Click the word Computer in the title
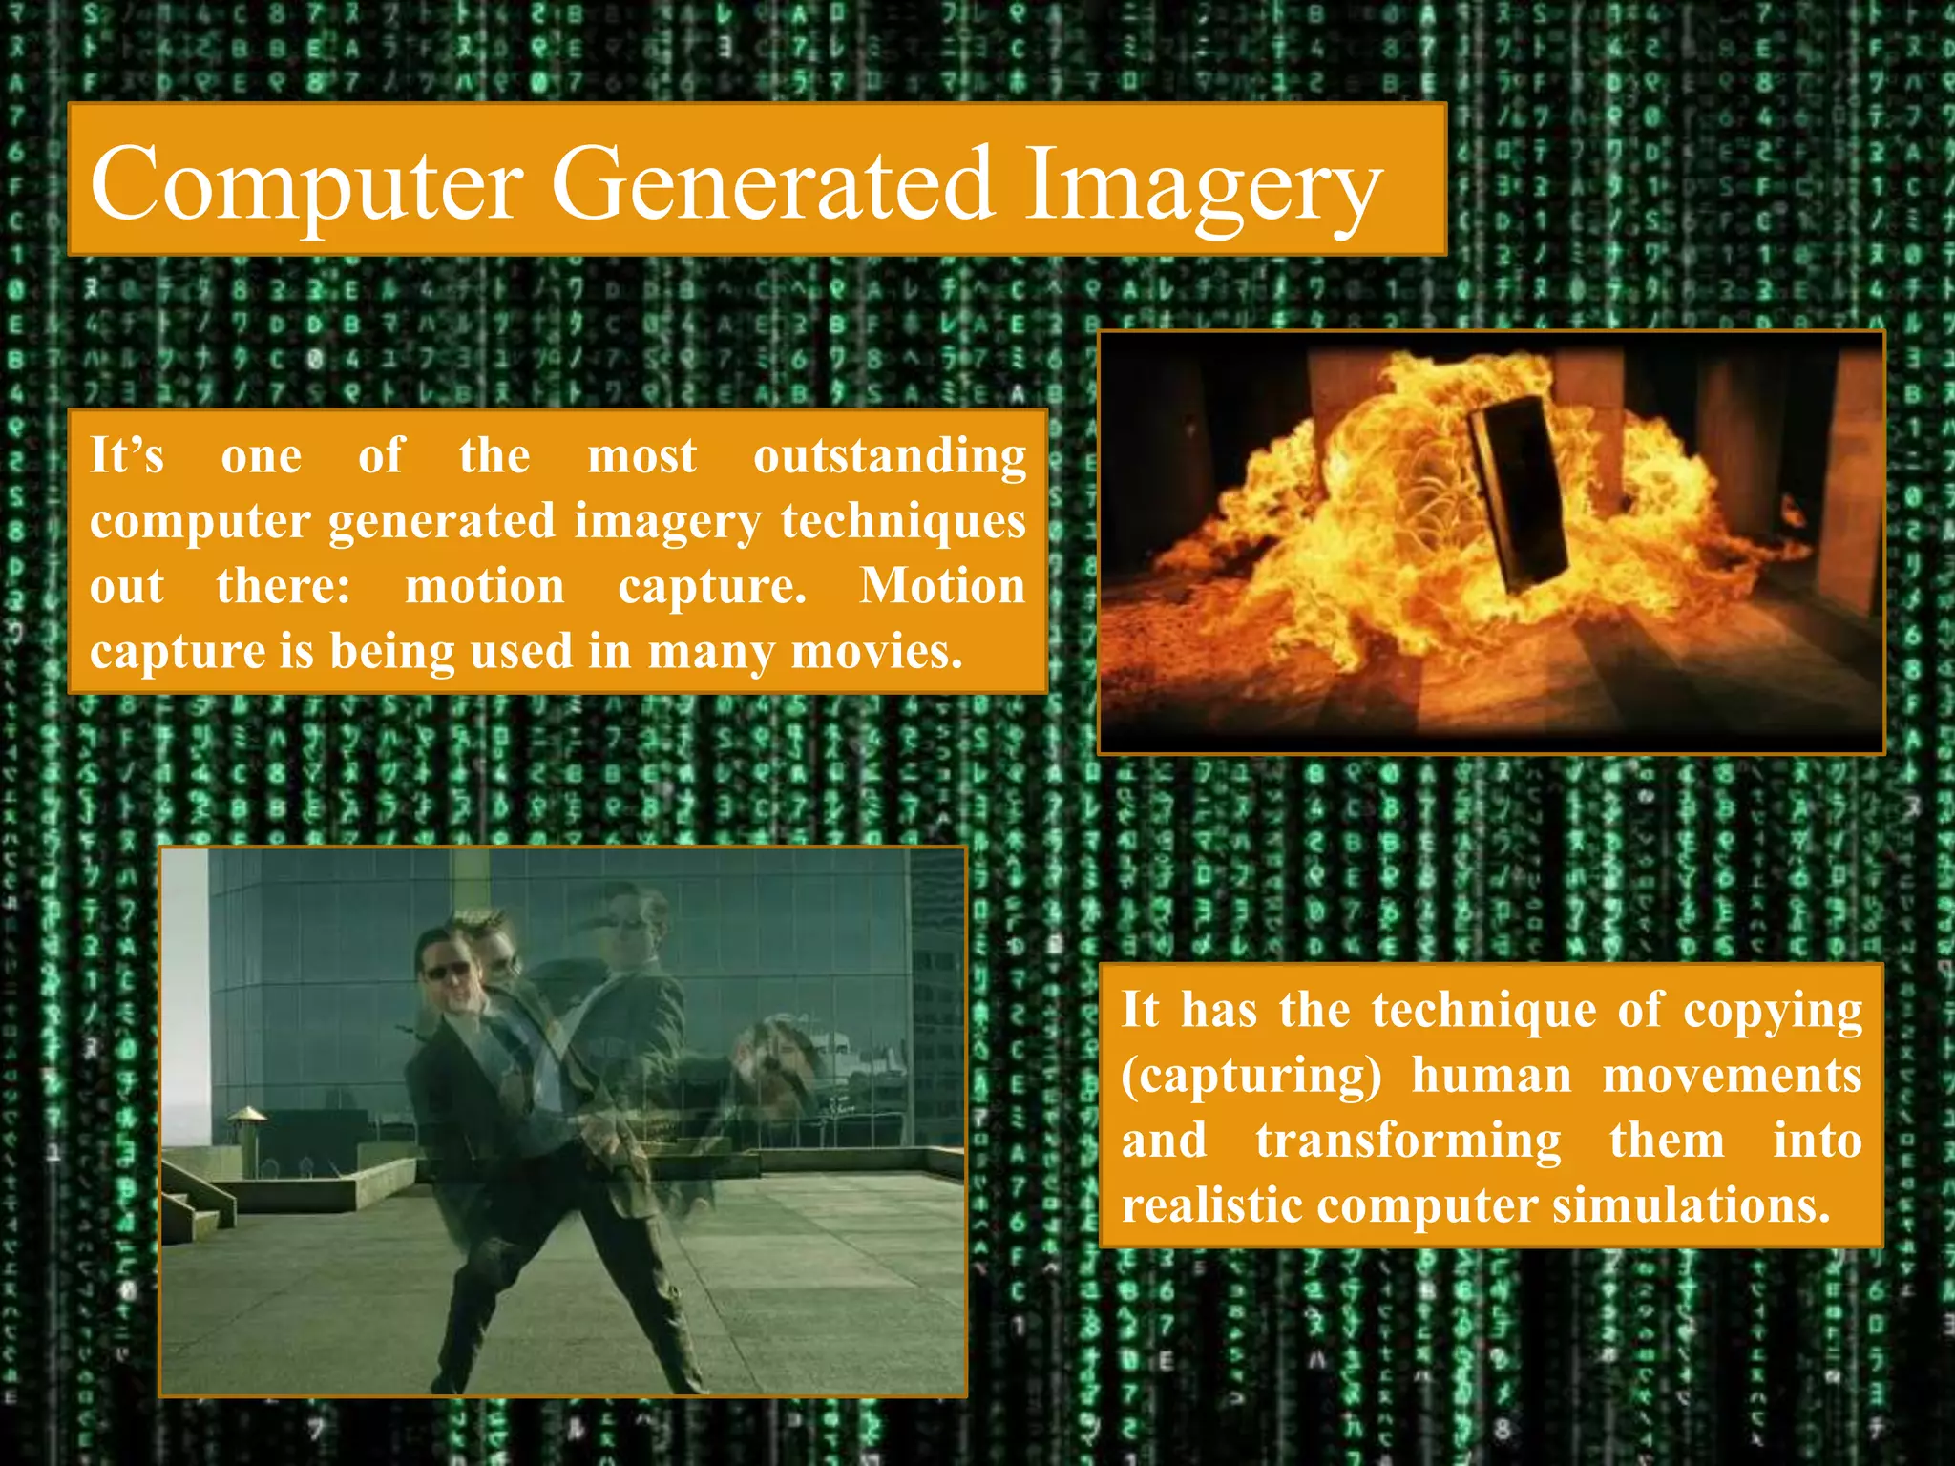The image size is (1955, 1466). coord(306,183)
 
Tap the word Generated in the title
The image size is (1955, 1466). coord(772,183)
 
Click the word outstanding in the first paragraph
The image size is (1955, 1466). coord(890,456)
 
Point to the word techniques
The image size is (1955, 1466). coord(903,522)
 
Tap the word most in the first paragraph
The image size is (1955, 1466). coord(641,456)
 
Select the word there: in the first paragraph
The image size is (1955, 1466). coord(284,586)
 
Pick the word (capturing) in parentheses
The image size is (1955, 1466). coord(1251,1077)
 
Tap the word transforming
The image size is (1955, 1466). coord(1408,1141)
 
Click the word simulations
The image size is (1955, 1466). coord(1691,1204)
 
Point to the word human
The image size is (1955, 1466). coord(1491,1077)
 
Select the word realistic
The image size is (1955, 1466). coord(1211,1204)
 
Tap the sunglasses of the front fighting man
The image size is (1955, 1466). coord(446,972)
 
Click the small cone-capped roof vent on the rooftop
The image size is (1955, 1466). coord(246,1115)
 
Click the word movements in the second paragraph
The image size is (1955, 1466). coord(1732,1077)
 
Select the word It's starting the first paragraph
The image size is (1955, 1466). coord(127,456)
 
